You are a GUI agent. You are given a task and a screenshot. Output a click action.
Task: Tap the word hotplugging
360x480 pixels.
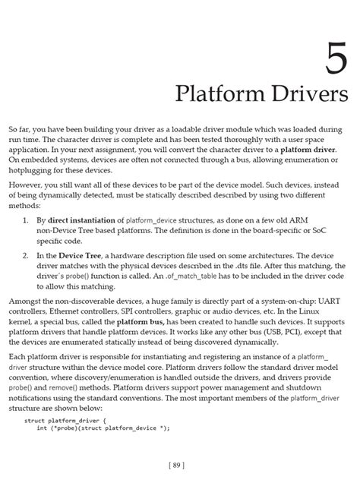tap(27, 171)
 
